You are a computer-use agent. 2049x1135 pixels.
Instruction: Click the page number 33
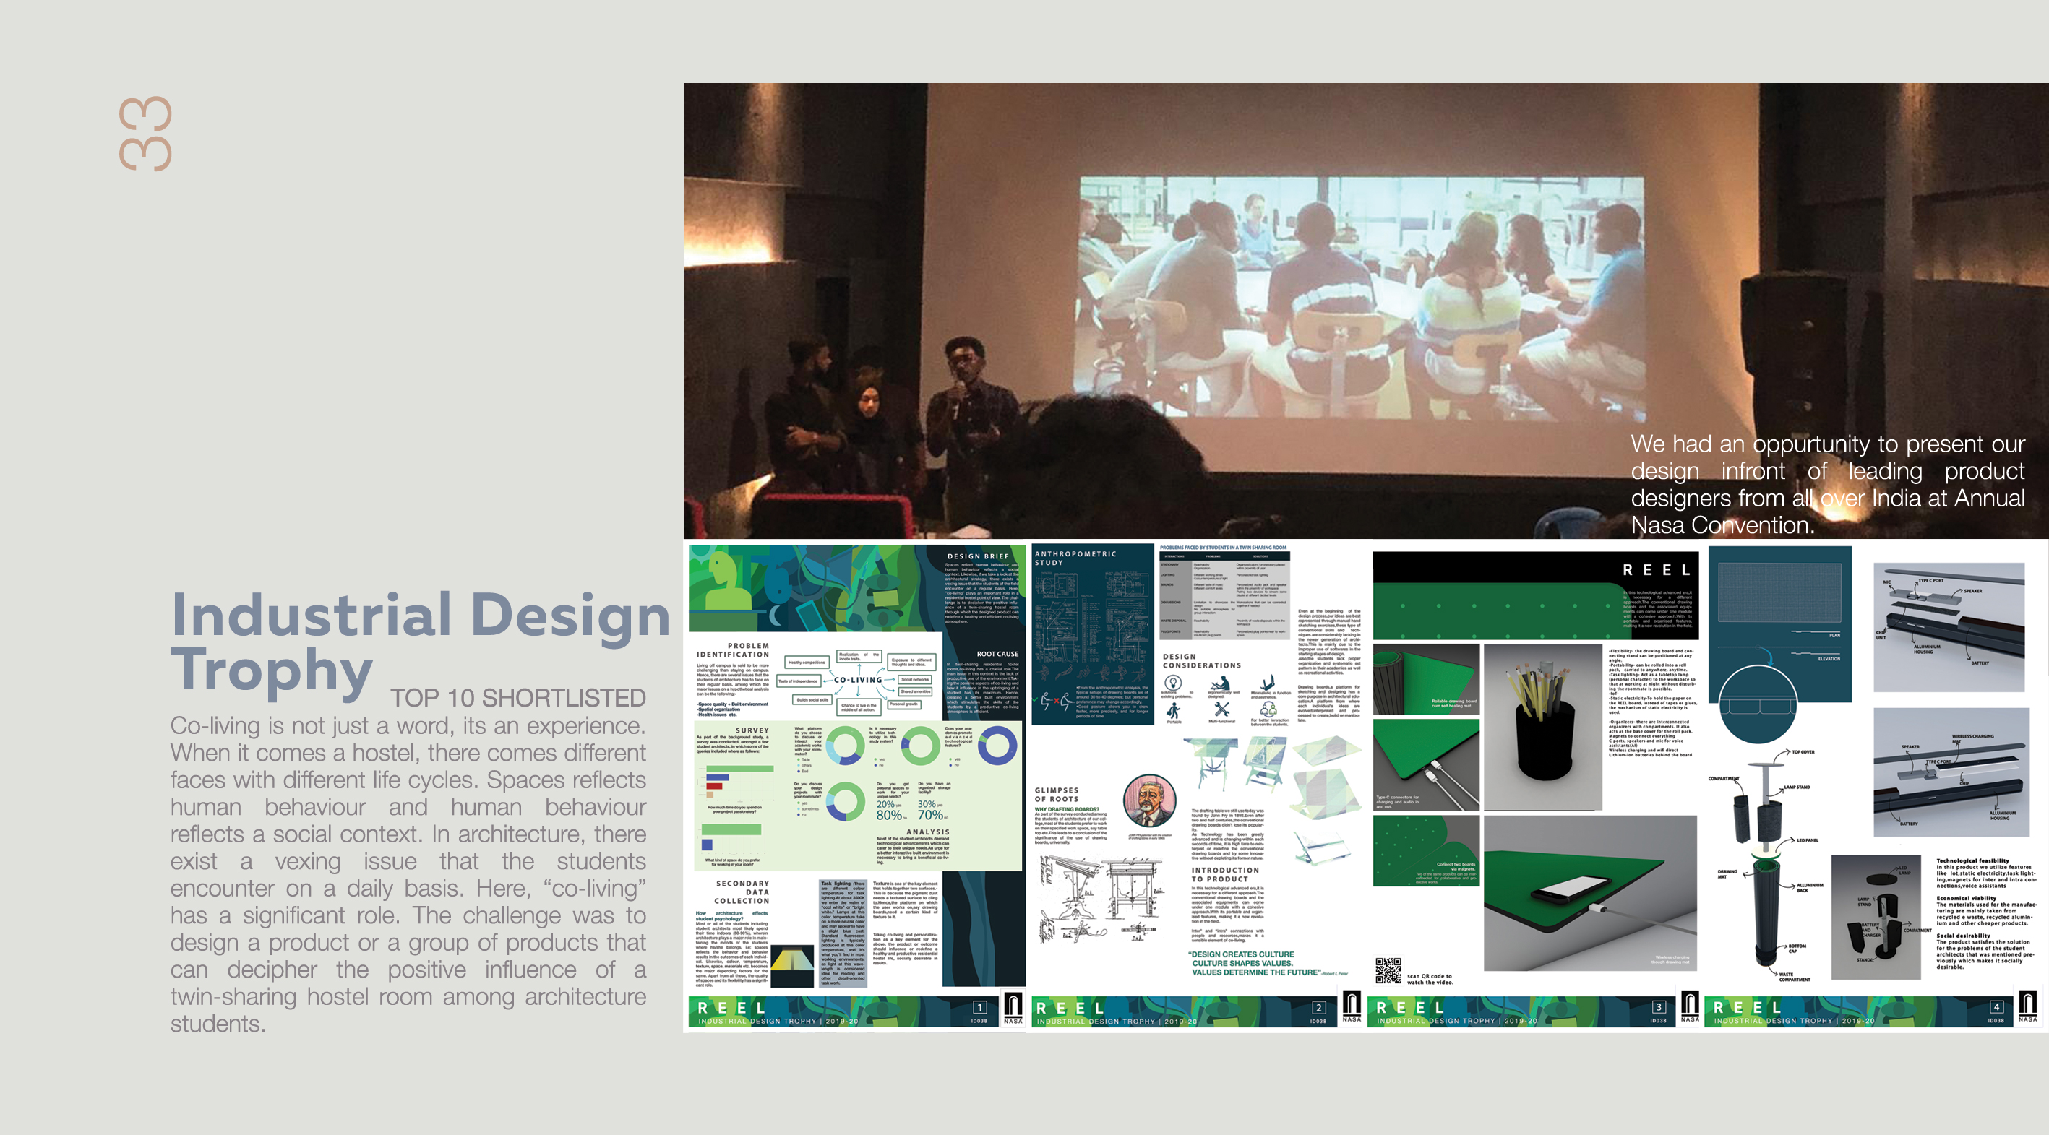pos(145,134)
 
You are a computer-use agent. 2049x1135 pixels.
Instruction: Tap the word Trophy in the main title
pos(271,670)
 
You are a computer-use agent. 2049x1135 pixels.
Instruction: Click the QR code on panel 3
pos(1388,971)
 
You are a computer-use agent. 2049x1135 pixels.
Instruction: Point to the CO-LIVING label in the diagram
pos(857,680)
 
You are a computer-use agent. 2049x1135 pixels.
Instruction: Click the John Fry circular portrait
pos(1148,801)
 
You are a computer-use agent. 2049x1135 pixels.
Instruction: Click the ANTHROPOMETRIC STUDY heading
pos(1075,558)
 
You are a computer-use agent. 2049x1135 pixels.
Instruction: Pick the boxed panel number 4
pos(1996,1007)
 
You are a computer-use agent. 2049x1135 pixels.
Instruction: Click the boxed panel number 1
pos(979,1007)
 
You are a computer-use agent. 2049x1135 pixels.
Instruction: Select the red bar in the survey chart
pos(714,786)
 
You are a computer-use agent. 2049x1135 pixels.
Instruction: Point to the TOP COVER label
pos(1803,751)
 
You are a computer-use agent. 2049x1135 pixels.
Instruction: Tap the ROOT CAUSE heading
pos(997,654)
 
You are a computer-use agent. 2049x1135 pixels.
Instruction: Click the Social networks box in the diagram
pos(915,680)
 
